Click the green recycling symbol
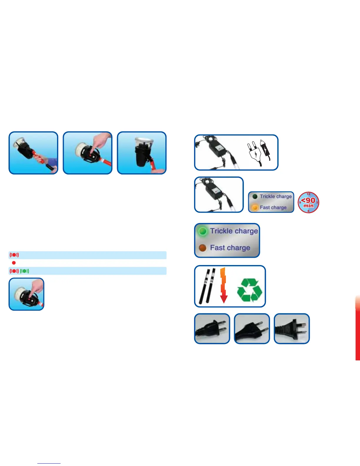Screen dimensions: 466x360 pyautogui.click(x=249, y=290)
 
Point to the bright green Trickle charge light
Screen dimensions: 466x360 pyautogui.click(x=202, y=231)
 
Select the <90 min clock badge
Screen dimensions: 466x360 pyautogui.click(x=309, y=202)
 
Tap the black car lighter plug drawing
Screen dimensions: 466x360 pyautogui.click(x=266, y=150)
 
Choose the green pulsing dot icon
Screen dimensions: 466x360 pyautogui.click(x=25, y=271)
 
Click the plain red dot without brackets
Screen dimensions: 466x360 pyautogui.click(x=14, y=263)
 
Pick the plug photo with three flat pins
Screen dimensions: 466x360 pyautogui.click(x=291, y=329)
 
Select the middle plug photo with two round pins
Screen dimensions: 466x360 pyautogui.click(x=252, y=329)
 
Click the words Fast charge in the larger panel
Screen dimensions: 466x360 pyautogui.click(x=230, y=248)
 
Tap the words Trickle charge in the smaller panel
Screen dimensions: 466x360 pyautogui.click(x=276, y=196)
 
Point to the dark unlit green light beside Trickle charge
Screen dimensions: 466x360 pyautogui.click(x=255, y=197)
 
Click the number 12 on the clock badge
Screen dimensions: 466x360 pyautogui.click(x=309, y=194)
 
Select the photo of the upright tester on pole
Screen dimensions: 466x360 pyautogui.click(x=142, y=153)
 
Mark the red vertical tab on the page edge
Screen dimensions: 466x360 pyautogui.click(x=358, y=328)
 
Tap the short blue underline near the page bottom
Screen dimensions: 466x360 pyautogui.click(x=49, y=463)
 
